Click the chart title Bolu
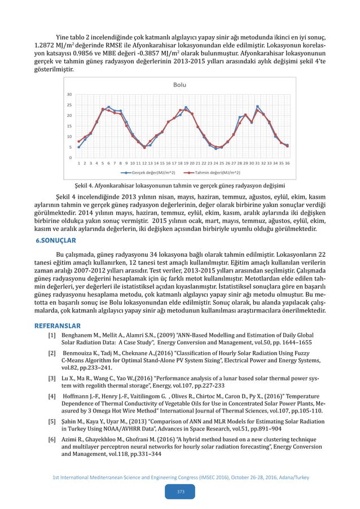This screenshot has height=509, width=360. [179, 85]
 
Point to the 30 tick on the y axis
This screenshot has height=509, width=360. [69, 95]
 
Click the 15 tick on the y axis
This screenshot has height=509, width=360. [69, 126]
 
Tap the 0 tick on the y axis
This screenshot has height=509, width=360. [70, 157]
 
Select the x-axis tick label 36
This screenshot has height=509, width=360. [287, 163]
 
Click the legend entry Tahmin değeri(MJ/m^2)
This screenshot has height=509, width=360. [214, 173]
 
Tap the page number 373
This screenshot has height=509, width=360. [180, 492]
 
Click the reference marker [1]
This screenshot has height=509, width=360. [51, 335]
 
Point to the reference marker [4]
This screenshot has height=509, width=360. [51, 397]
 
